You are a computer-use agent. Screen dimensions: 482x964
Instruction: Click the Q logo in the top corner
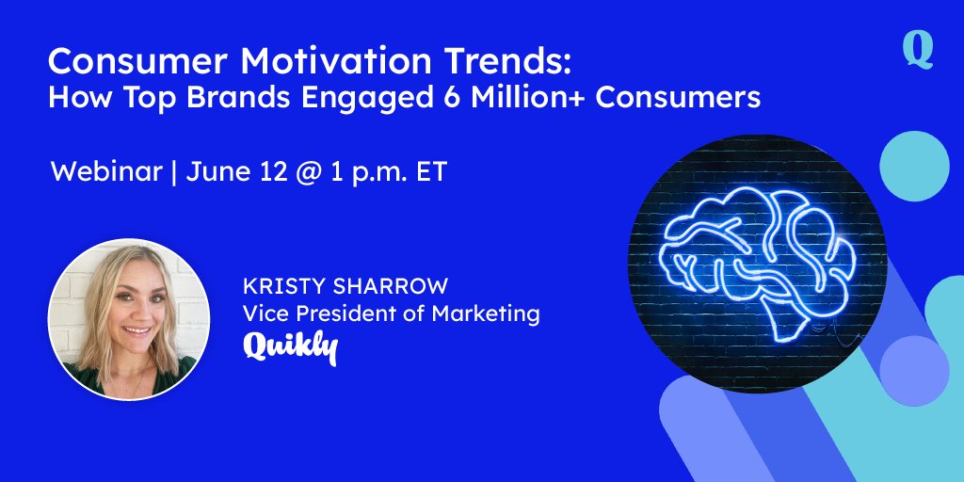pyautogui.click(x=918, y=50)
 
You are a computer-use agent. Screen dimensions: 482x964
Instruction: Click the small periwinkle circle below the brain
pyautogui.click(x=913, y=370)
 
